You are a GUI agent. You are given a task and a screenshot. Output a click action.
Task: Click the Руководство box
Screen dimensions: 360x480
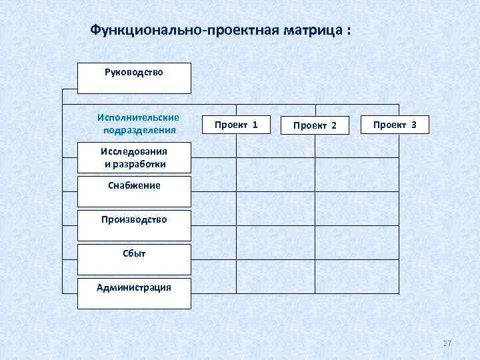point(134,78)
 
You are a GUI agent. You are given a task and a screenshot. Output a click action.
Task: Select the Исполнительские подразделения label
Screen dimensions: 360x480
point(137,123)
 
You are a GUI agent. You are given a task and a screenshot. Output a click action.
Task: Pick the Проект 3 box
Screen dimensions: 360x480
point(395,125)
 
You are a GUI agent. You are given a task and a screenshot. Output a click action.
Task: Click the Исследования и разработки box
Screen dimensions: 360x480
point(134,158)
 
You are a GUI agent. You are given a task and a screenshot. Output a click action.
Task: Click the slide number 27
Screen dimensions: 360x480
point(447,343)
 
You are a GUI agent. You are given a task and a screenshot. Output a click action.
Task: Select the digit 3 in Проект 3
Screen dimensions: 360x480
point(414,125)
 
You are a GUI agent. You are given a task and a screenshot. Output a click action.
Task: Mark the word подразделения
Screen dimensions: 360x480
point(137,129)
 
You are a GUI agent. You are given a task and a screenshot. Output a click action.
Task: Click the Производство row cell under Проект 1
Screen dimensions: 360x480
point(276,225)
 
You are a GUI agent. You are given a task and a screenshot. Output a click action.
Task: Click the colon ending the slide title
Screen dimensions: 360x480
point(347,31)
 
